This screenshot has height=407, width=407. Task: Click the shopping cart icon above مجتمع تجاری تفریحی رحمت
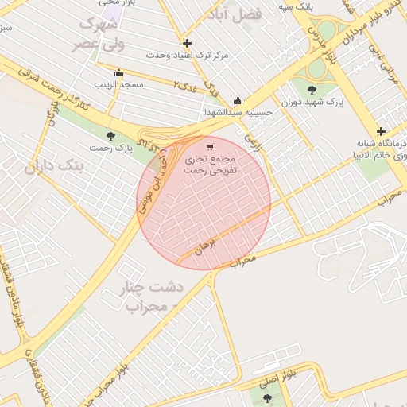tap(210, 147)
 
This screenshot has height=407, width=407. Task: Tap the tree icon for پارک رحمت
tap(110, 136)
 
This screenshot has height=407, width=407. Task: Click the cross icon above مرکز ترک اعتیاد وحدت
tap(187, 43)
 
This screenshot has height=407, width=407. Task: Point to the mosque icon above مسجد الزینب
tap(118, 73)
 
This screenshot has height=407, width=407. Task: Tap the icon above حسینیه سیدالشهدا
tap(238, 101)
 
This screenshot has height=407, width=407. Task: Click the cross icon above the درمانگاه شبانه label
tap(381, 131)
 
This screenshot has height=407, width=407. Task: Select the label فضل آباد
tap(233, 15)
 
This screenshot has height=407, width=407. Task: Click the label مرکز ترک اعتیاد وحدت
tap(188, 55)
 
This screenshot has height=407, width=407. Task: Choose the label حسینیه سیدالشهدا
tap(238, 112)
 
